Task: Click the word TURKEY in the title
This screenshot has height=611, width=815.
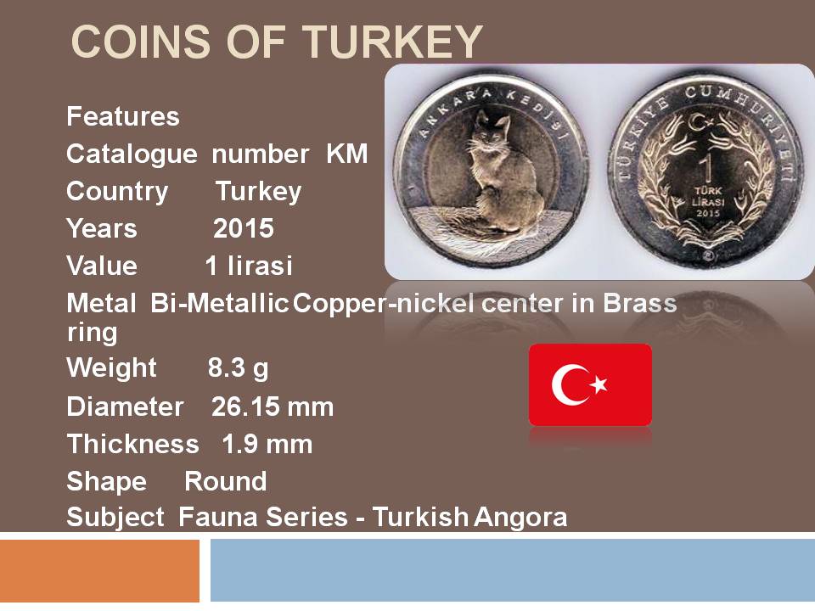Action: click(392, 41)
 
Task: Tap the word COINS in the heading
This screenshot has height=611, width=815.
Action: click(140, 41)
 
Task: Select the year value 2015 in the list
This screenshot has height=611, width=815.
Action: click(244, 228)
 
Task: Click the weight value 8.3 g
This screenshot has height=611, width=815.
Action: click(238, 368)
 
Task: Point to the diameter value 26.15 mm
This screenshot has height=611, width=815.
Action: click(273, 406)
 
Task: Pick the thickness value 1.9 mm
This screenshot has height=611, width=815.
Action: click(267, 444)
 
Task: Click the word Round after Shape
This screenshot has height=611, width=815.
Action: click(226, 481)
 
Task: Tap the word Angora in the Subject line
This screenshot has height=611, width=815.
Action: click(520, 518)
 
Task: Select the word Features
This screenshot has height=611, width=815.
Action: click(122, 116)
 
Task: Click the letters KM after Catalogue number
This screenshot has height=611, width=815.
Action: click(347, 154)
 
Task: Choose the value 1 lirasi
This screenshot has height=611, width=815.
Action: click(249, 266)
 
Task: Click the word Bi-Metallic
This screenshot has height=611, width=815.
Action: click(219, 303)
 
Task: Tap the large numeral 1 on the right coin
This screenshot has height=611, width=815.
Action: click(705, 168)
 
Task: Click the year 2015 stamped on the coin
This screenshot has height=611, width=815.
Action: click(708, 213)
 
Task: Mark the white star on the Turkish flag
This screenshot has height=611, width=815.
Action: click(599, 384)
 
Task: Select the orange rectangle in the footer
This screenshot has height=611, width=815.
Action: click(99, 570)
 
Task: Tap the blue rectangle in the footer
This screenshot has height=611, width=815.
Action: click(513, 570)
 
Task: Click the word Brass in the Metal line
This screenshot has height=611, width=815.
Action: click(640, 303)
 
